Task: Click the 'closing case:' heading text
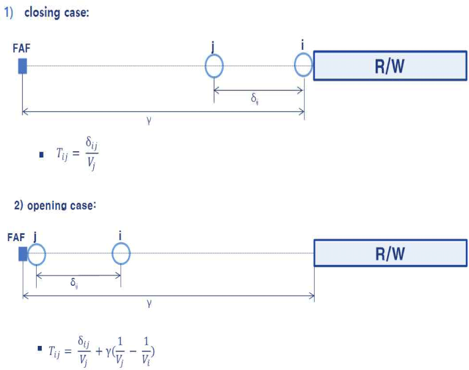tap(56, 13)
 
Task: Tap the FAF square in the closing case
tap(22, 66)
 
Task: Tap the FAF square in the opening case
tap(23, 253)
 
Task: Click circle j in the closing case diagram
tap(214, 66)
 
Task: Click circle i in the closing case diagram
tap(303, 65)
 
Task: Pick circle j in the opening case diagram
tap(36, 253)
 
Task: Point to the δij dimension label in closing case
tap(255, 98)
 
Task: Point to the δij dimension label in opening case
tap(74, 282)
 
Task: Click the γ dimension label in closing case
tap(149, 121)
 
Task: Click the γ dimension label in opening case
tap(149, 304)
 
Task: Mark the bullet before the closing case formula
tap(41, 155)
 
